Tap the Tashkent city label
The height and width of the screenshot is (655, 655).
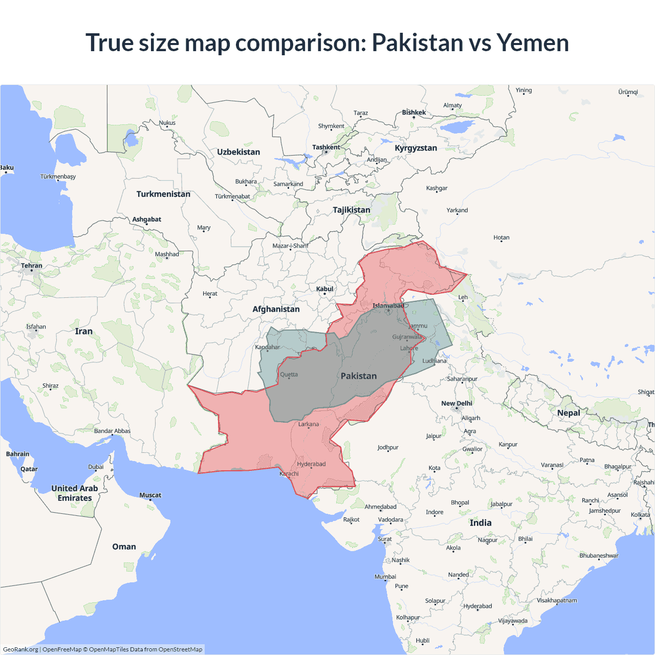coord(326,147)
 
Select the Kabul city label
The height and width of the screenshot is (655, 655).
coord(324,289)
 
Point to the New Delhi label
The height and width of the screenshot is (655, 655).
coord(456,403)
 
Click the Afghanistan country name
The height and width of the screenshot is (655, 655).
coord(276,309)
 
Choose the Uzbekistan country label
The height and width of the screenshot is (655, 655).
coord(238,152)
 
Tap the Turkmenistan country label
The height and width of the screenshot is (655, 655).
coord(163,194)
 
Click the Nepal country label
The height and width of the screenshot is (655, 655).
coord(569,413)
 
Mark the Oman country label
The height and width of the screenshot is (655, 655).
coord(124,547)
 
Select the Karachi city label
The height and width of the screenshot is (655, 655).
coord(289,474)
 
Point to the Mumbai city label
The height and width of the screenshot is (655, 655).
coord(385,577)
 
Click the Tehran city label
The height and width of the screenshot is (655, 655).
coord(32,266)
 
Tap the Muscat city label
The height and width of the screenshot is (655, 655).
coord(150,495)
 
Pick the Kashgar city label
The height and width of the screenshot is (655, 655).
coord(436,188)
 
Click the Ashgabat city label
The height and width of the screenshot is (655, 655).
coord(147,220)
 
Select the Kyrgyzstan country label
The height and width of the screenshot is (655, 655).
coord(416,148)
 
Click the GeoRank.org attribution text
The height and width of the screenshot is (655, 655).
coord(20,649)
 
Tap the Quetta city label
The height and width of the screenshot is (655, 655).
coord(289,375)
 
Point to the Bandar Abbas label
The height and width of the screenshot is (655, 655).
coord(112,431)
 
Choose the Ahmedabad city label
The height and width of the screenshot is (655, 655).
coord(380,507)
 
